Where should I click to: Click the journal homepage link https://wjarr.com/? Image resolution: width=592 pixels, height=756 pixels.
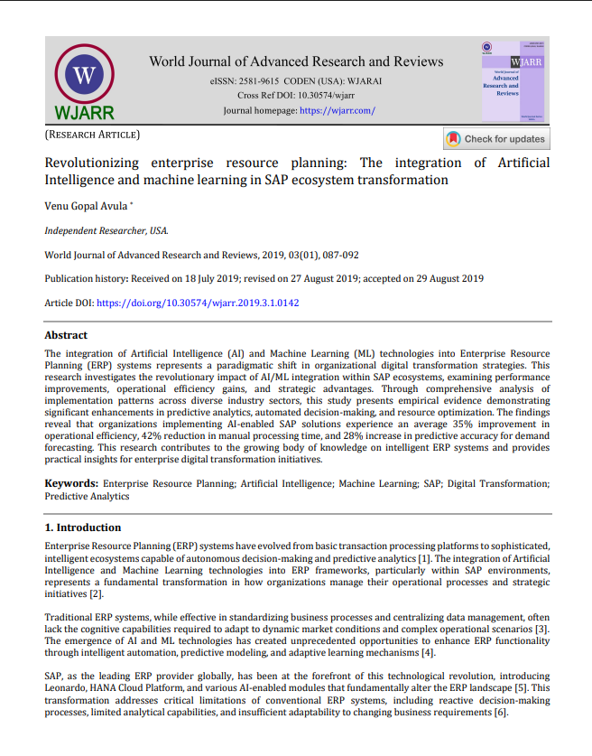337,110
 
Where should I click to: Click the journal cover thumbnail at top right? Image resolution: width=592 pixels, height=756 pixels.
513,81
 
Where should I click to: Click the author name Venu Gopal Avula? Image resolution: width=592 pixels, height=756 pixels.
87,206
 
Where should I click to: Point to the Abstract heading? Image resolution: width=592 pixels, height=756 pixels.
66,335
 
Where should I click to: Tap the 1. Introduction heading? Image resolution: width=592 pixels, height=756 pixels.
83,527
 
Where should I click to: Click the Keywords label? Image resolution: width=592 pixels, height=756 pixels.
71,483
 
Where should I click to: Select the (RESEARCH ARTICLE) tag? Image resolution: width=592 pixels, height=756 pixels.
92,135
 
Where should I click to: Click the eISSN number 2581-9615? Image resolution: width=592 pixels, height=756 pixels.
261,81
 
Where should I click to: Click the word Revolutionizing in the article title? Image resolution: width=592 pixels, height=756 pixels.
92,163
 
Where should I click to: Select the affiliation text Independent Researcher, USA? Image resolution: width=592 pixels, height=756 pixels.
106,230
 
